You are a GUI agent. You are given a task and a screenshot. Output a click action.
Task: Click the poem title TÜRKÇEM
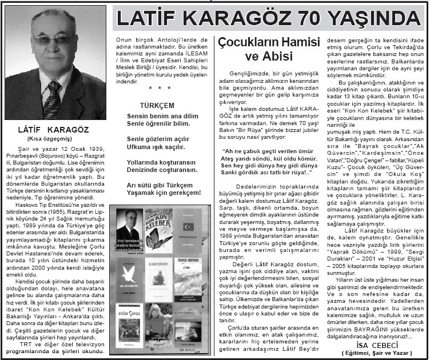[x=157, y=106]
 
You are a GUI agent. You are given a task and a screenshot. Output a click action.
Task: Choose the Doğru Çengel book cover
[x=128, y=326]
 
